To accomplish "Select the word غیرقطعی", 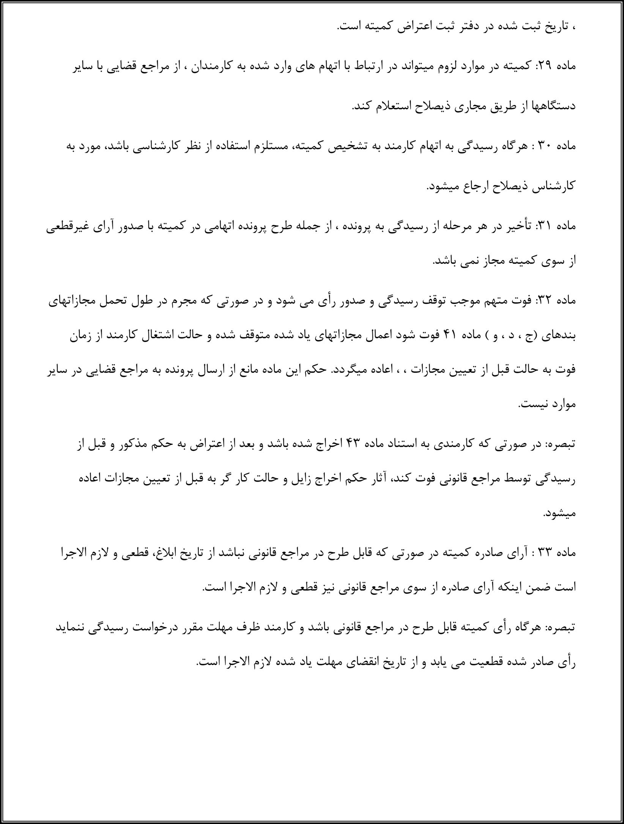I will tap(66, 226).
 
